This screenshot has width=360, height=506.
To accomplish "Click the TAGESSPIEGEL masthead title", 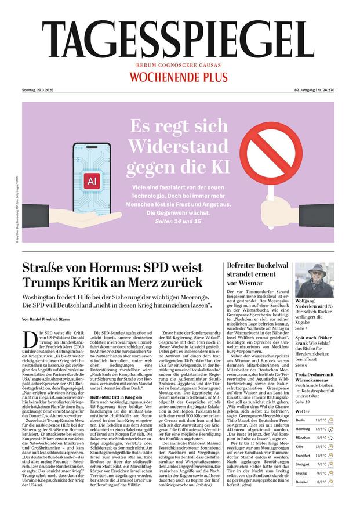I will click(x=180, y=38).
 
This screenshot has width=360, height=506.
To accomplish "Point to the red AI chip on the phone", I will click(x=91, y=180).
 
